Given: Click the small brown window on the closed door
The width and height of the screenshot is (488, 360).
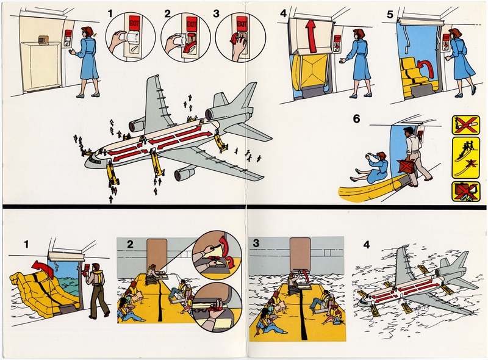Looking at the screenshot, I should (x=43, y=40).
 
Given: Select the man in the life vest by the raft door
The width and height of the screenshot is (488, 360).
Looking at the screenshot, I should (x=96, y=289).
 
